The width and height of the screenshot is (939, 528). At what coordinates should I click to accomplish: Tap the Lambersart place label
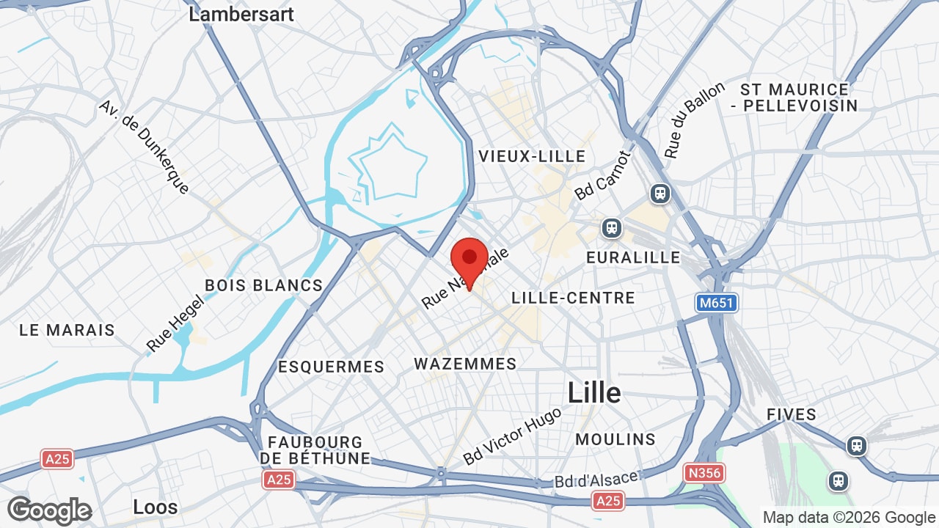(241, 14)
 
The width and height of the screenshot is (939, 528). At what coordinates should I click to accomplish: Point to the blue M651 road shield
(716, 303)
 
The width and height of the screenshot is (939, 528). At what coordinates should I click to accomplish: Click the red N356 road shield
(703, 473)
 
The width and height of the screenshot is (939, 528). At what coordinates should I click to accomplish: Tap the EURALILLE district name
(633, 258)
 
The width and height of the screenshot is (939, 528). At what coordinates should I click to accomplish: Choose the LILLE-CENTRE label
(573, 298)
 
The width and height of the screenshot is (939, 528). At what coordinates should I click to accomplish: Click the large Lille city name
(594, 393)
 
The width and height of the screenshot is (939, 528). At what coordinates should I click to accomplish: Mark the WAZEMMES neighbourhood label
(465, 364)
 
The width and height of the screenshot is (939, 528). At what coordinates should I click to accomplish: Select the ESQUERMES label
(331, 367)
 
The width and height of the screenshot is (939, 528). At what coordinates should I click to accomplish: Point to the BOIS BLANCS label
(264, 285)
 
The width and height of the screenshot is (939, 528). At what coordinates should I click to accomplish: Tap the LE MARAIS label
(67, 330)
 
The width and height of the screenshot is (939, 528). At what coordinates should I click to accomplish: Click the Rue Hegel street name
(174, 323)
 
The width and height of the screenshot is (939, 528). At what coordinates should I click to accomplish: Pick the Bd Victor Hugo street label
(512, 436)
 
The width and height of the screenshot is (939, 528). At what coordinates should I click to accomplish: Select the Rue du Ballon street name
(694, 120)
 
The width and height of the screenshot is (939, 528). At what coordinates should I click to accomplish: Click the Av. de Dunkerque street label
(145, 147)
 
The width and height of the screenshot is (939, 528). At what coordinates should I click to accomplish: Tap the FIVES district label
(792, 414)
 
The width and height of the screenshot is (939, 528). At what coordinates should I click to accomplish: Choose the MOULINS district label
(615, 439)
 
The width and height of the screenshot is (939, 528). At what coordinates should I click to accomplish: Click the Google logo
(49, 510)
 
